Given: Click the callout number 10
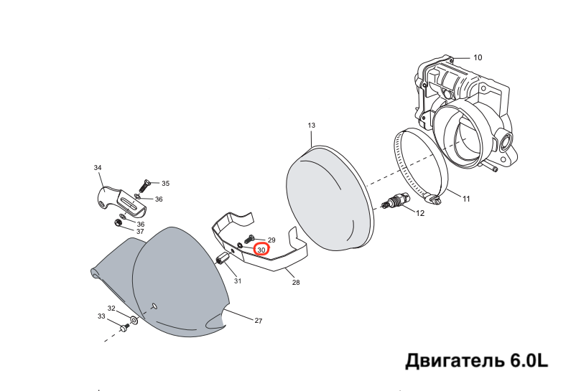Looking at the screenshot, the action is [x=478, y=57].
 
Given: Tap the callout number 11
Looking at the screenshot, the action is [x=466, y=199].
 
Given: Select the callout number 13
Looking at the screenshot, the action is [x=312, y=126].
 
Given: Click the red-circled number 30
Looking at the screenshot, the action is [x=261, y=250].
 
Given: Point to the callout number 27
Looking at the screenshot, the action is [x=259, y=321].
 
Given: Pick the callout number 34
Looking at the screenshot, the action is [x=98, y=168].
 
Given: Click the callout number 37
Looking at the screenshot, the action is [x=140, y=232].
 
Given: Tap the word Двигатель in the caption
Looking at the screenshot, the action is [x=455, y=361].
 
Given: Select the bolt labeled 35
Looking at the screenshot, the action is [x=144, y=187].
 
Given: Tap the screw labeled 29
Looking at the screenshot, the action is [x=250, y=239].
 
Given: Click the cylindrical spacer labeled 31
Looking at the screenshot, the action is [x=222, y=258].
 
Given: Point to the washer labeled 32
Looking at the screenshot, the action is [x=134, y=320].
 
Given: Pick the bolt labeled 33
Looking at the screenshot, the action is [x=124, y=327].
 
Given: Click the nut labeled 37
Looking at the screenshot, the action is [x=119, y=222].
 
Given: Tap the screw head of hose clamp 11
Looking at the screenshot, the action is [x=434, y=199].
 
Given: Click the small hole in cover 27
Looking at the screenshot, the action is [x=154, y=306].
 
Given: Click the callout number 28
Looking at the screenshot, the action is [x=296, y=283].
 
